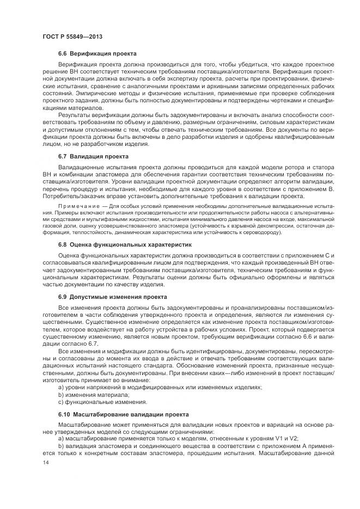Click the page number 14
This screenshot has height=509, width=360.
click(x=45, y=462)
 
